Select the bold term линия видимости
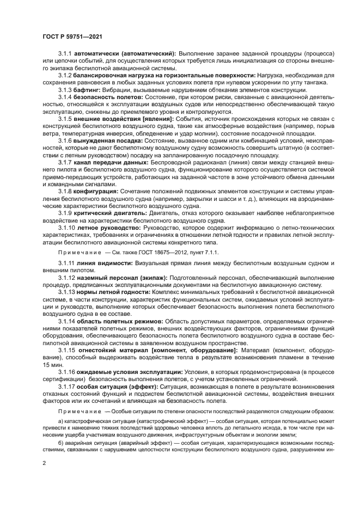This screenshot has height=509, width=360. point(104,263)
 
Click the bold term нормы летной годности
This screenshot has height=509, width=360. point(109,292)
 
